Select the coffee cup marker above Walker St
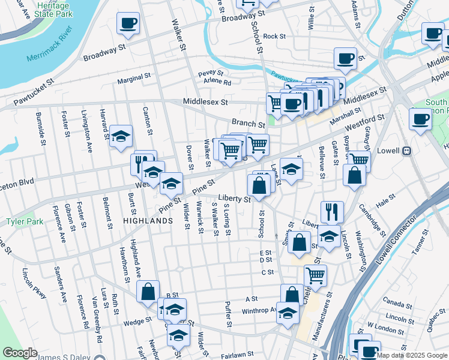pyautogui.click(x=128, y=23)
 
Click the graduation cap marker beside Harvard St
pyautogui.click(x=121, y=136)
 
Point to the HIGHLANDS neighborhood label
pyautogui.click(x=148, y=221)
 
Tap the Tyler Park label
pyautogui.click(x=25, y=221)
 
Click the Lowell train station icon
pyautogui.click(x=406, y=151)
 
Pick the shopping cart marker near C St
pyautogui.click(x=315, y=275)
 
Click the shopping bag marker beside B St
pyautogui.click(x=148, y=292)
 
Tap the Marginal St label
pyautogui.click(x=133, y=77)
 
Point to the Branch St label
pyautogui.click(x=249, y=124)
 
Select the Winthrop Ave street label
pyautogui.click(x=259, y=311)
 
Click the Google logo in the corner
pyautogui.click(x=20, y=353)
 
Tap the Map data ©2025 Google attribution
pyautogui.click(x=412, y=355)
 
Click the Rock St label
pyautogui.click(x=274, y=36)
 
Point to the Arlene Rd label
pyautogui.click(x=217, y=82)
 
